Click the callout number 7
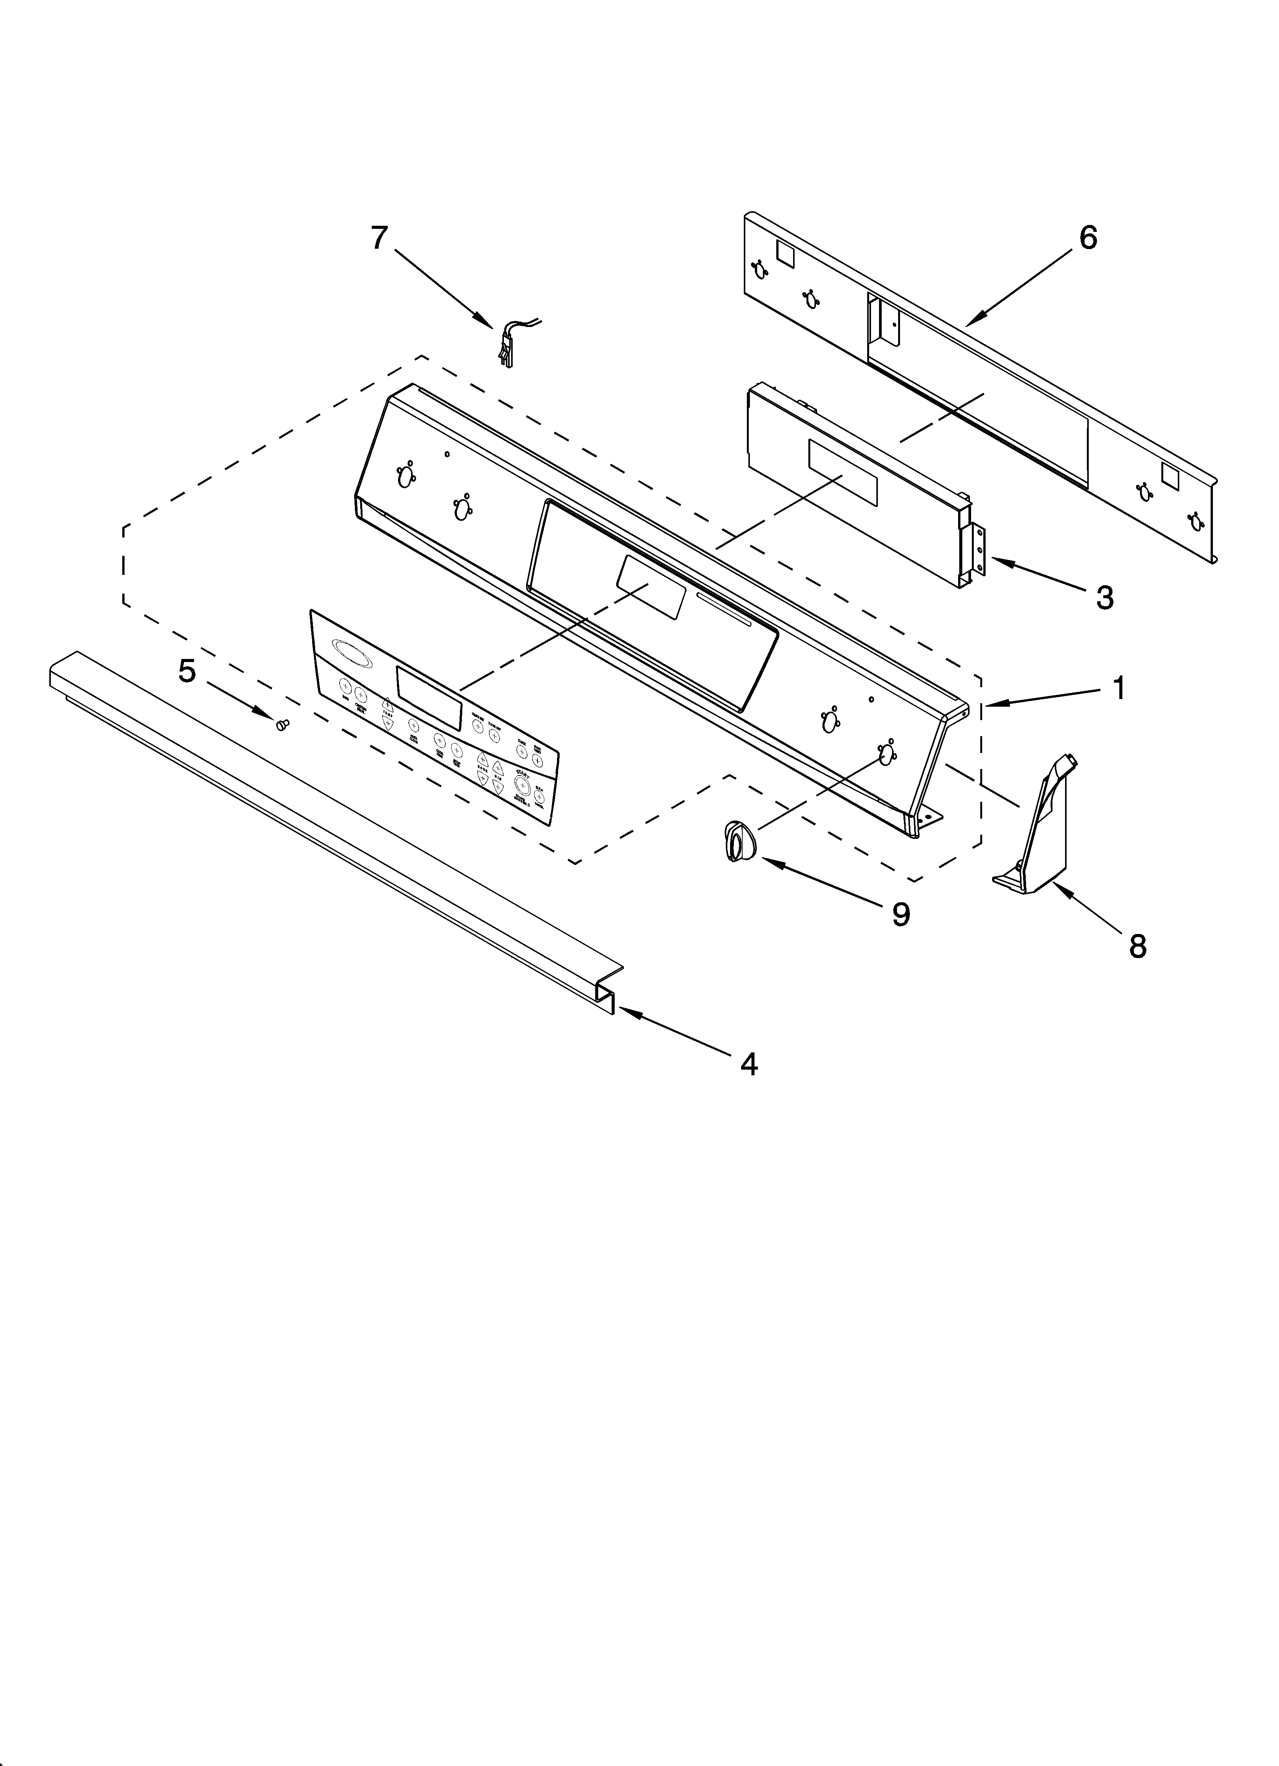[x=379, y=238]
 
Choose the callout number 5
[x=187, y=670]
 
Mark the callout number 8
[x=1137, y=946]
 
